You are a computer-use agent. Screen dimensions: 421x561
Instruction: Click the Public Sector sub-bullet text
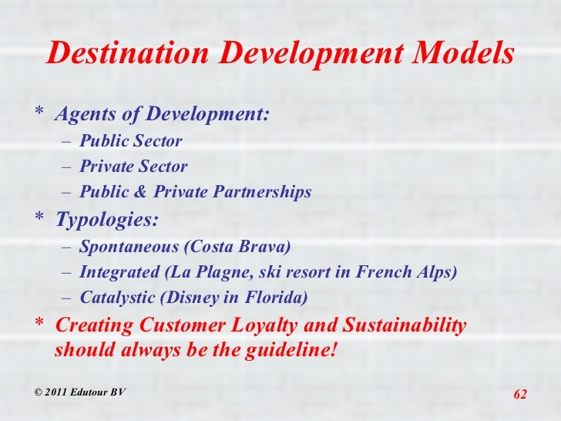130,141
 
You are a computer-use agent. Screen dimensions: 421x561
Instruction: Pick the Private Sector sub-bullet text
133,167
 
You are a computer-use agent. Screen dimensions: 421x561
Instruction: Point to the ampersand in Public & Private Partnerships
124,192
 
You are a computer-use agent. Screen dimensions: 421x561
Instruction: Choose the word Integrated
115,272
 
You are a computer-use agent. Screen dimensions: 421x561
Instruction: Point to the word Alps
435,272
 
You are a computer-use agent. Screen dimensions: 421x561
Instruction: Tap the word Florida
277,298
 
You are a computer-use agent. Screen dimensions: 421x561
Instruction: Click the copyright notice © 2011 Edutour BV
79,392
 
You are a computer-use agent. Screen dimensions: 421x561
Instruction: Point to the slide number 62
519,395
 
